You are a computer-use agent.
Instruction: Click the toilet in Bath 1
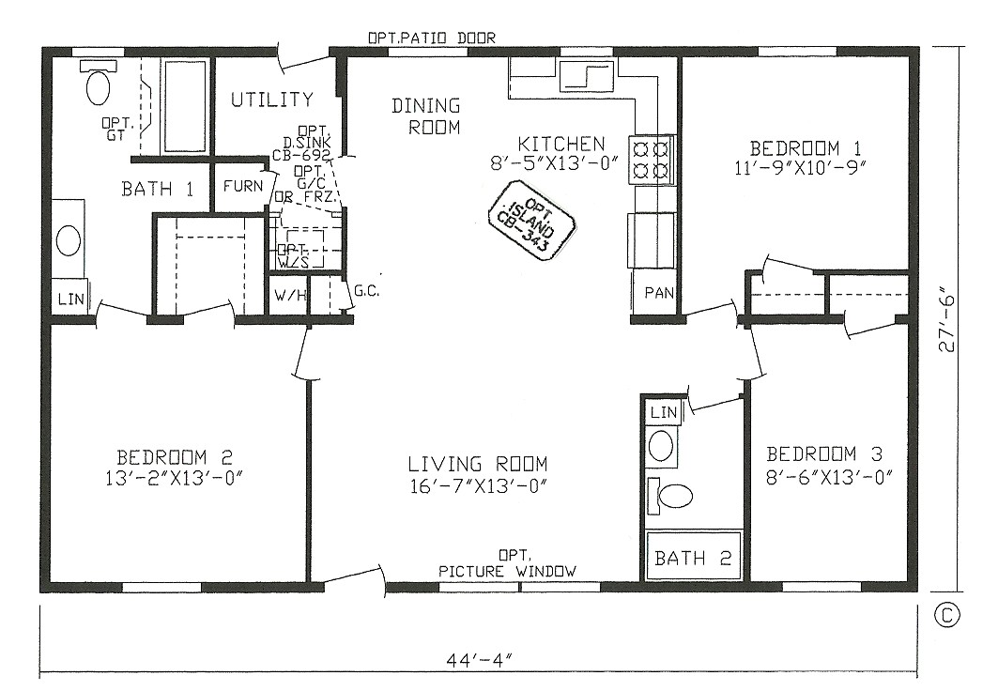[x=97, y=84]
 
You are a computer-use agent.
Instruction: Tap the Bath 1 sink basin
[x=69, y=239]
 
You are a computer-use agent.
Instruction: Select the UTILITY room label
[x=272, y=100]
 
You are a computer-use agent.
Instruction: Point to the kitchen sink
[x=586, y=75]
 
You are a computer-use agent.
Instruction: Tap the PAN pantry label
[x=659, y=293]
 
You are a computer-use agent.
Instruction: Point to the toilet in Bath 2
[x=674, y=495]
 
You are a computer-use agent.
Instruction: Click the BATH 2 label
[x=693, y=559]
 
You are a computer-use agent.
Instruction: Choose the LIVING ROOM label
[x=477, y=465]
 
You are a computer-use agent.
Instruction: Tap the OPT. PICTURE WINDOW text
[x=508, y=565]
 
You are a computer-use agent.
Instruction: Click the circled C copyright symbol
[x=947, y=615]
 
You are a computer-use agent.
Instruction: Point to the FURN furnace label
[x=243, y=185]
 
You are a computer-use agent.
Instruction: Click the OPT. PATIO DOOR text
[x=431, y=38]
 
